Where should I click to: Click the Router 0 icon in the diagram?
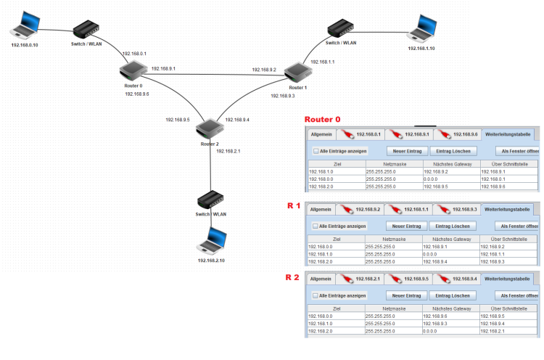pyautogui.click(x=133, y=70)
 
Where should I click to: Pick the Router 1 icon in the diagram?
pyautogui.click(x=297, y=73)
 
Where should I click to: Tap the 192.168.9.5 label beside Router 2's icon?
pyautogui.click(x=177, y=120)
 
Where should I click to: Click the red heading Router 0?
pyautogui.click(x=322, y=119)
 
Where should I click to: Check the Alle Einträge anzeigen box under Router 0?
pyautogui.click(x=316, y=151)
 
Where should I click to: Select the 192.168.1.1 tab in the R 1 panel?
pyautogui.click(x=411, y=209)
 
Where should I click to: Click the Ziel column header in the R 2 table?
pyautogui.click(x=336, y=308)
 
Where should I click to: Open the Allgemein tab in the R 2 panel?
pyautogui.click(x=321, y=279)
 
